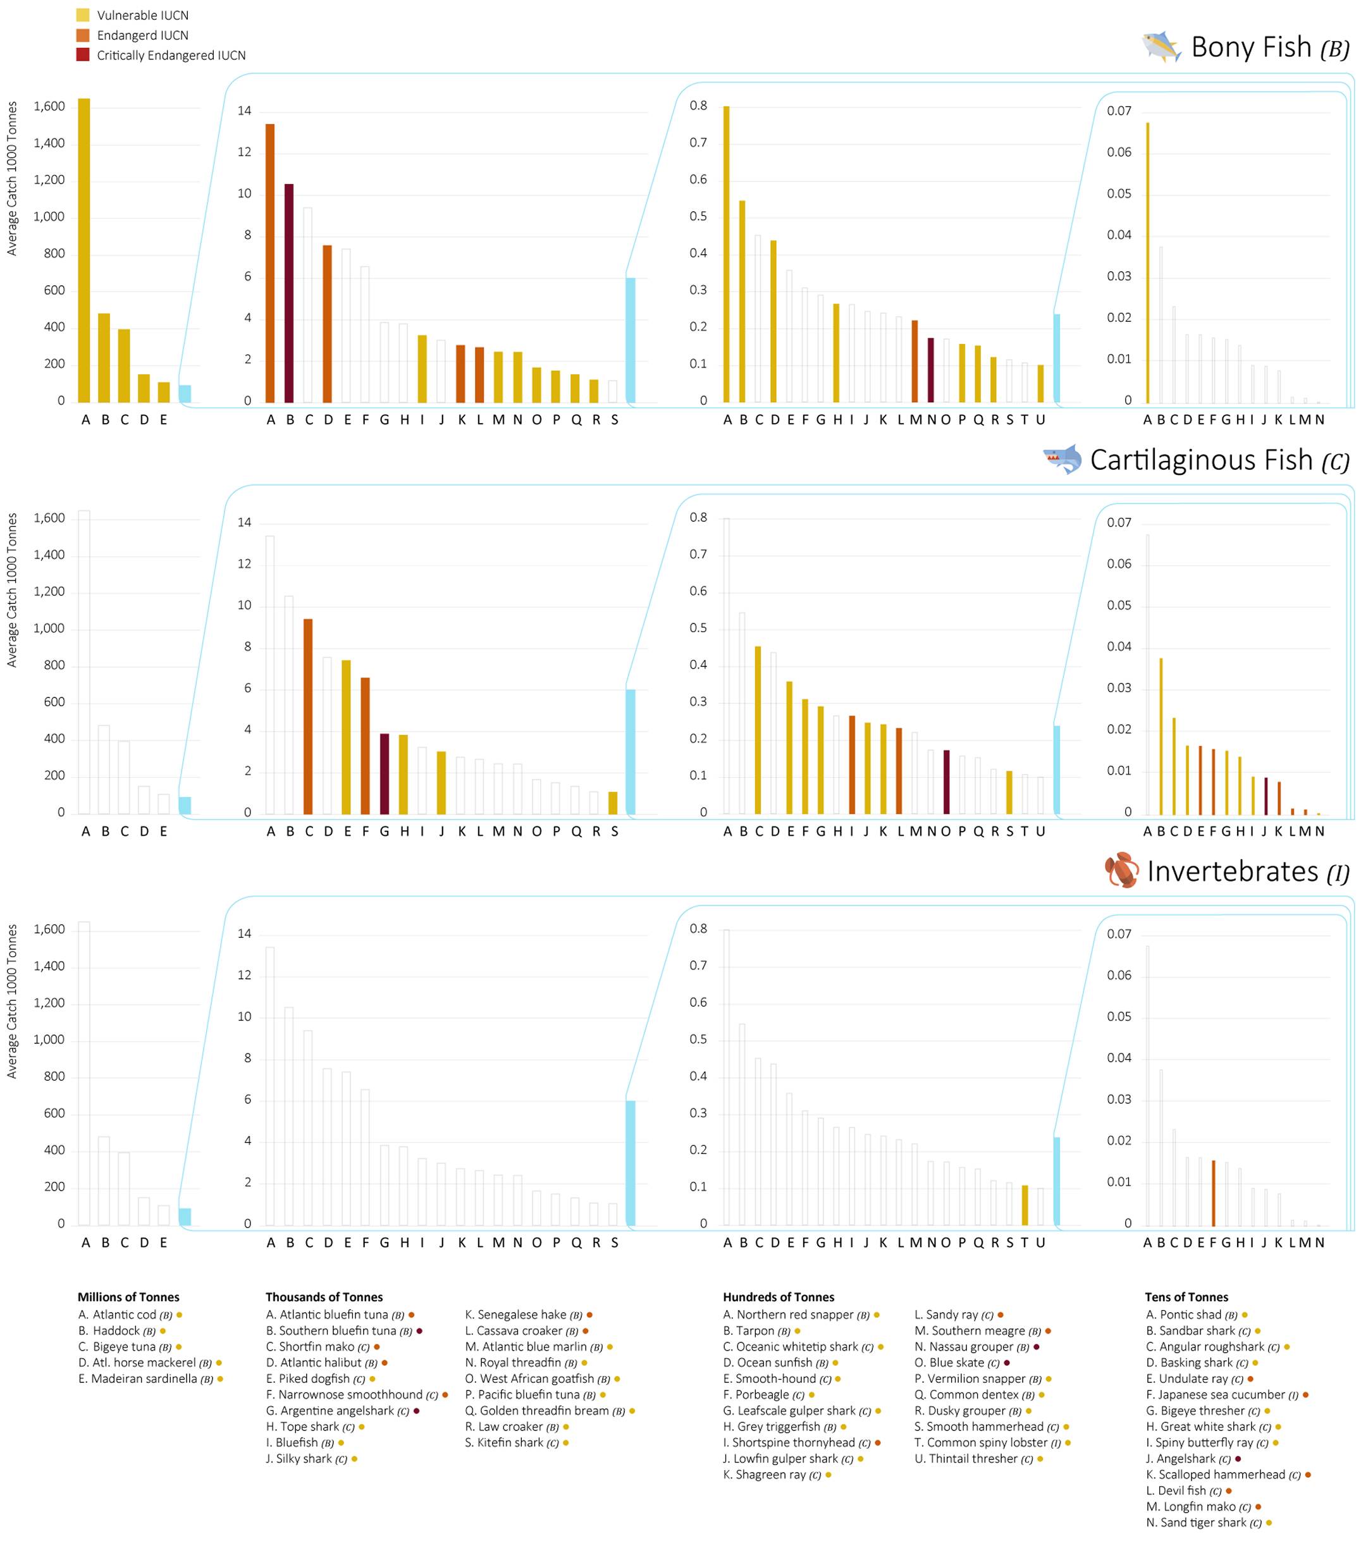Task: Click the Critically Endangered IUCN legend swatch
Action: (x=83, y=54)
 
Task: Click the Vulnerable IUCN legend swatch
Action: (x=83, y=15)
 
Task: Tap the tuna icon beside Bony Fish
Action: (x=1162, y=47)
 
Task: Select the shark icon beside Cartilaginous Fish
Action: (x=1062, y=460)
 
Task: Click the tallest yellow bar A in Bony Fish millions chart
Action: (x=84, y=250)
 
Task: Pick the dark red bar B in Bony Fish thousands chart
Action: (x=290, y=293)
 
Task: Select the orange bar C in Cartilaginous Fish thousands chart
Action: (x=307, y=716)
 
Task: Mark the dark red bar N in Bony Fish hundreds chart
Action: (x=930, y=370)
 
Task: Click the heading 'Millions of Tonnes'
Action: (x=128, y=1297)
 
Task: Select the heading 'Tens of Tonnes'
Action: (x=1186, y=1297)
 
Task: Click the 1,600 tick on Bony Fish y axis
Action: (x=49, y=106)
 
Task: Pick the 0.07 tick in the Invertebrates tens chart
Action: (x=1119, y=934)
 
